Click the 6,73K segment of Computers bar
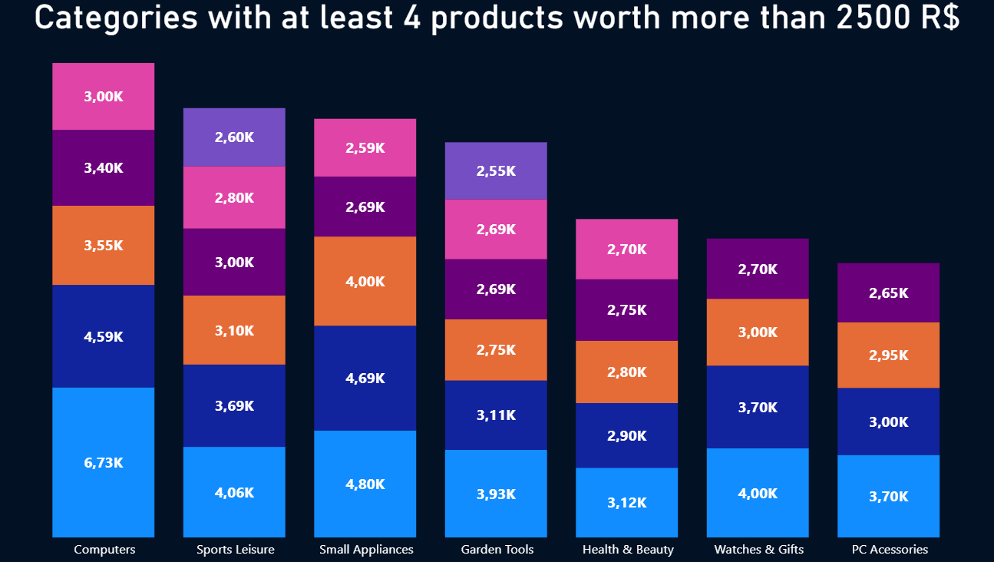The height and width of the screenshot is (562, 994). click(103, 462)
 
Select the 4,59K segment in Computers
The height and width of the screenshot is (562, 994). click(103, 336)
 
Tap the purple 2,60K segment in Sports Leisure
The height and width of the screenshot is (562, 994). click(234, 137)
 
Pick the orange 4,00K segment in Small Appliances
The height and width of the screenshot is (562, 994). click(365, 281)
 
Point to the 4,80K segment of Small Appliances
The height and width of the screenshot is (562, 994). click(365, 484)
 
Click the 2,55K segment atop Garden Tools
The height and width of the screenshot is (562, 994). click(496, 170)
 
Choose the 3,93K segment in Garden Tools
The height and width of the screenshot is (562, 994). click(496, 493)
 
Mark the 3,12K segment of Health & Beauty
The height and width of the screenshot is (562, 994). click(626, 502)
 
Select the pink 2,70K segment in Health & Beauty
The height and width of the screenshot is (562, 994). click(626, 249)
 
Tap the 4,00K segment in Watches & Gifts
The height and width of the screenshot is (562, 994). click(758, 492)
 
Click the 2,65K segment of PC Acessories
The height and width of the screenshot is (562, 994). click(888, 293)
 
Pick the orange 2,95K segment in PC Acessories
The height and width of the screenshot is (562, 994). click(888, 355)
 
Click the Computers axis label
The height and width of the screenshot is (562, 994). click(104, 550)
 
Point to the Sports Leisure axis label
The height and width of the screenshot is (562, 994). click(235, 550)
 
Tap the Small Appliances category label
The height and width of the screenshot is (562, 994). click(366, 550)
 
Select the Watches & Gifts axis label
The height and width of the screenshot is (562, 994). click(758, 550)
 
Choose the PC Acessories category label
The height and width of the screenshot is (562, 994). click(890, 550)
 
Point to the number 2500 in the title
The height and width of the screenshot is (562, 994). click(874, 18)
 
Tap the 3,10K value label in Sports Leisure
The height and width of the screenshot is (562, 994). click(234, 330)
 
